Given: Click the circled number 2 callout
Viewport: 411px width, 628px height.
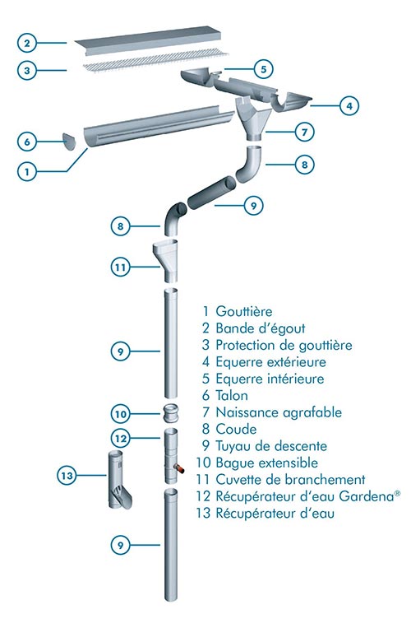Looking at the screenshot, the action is [x=27, y=43].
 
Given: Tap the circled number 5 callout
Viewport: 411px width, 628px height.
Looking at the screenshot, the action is [x=264, y=69].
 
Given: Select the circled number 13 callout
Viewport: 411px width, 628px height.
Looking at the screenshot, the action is [x=67, y=476].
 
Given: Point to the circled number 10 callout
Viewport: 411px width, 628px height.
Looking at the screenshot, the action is [x=121, y=414].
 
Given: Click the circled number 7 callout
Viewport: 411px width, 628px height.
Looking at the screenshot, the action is [x=305, y=132].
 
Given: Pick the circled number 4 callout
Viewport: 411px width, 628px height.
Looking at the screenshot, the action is [x=349, y=106].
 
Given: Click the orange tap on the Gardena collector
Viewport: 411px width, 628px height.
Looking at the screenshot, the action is [x=180, y=468].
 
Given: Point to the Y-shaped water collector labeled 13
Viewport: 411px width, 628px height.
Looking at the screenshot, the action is [x=119, y=478].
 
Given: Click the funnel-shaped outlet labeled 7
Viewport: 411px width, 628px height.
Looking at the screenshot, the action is [x=254, y=119].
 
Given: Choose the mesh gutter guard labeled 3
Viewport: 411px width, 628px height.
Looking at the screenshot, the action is [x=156, y=61].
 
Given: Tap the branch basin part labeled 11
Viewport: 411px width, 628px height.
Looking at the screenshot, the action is [x=166, y=261].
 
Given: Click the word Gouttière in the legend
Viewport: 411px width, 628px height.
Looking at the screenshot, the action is [x=244, y=311].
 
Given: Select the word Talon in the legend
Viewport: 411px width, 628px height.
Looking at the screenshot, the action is [x=232, y=395].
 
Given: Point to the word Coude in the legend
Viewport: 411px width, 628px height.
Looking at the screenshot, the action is [x=236, y=429].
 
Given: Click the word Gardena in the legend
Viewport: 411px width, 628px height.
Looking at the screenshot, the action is [x=367, y=496].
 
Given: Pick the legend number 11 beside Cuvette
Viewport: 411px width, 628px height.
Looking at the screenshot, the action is [x=203, y=479].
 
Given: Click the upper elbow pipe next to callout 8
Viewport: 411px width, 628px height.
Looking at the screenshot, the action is [x=251, y=163].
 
